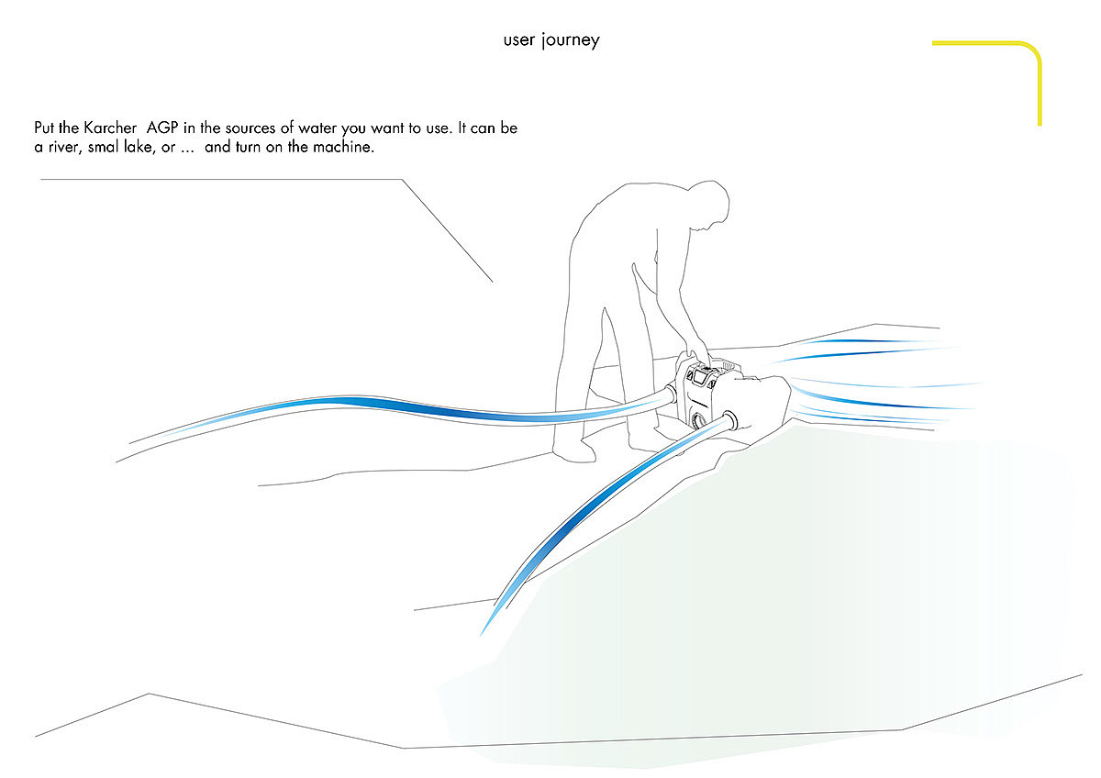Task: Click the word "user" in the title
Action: click(519, 41)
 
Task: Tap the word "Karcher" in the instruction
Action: click(112, 128)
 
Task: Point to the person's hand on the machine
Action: click(696, 351)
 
